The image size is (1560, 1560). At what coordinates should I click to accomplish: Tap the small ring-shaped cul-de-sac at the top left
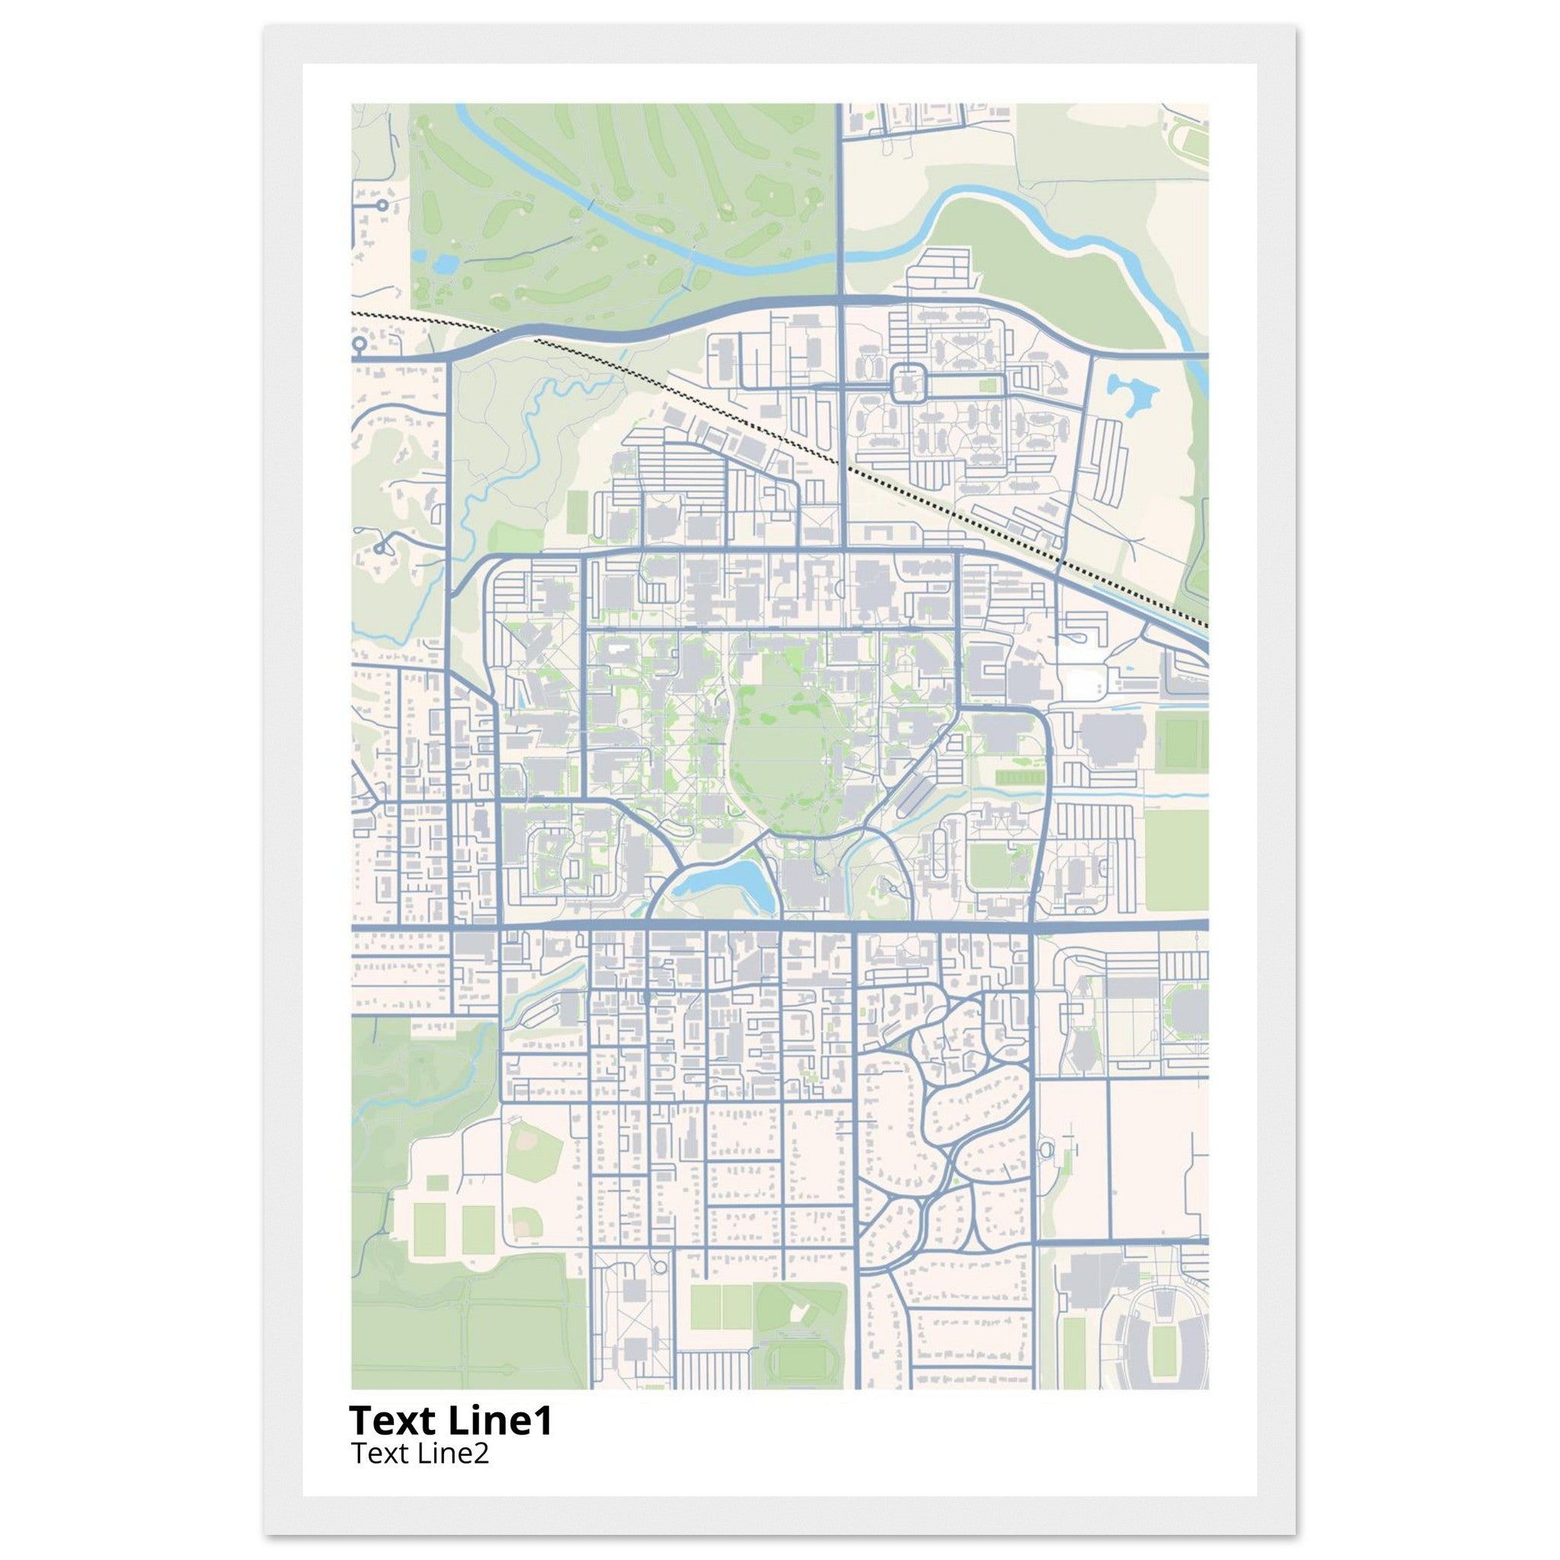[x=380, y=206]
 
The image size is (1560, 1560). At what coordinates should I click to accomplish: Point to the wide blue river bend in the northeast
[x=1050, y=218]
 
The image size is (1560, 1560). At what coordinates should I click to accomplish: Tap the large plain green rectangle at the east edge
[x=1175, y=848]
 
